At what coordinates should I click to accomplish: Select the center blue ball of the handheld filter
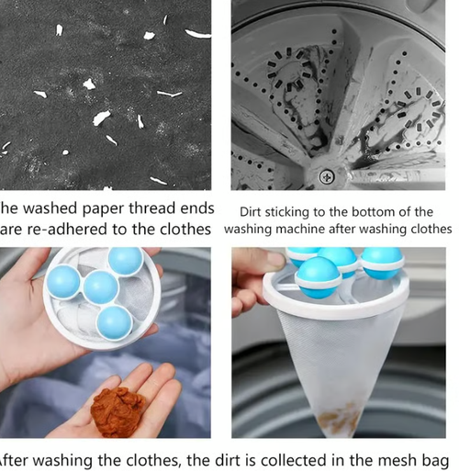coord(101,287)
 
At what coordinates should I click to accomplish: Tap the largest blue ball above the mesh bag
coord(318,275)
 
